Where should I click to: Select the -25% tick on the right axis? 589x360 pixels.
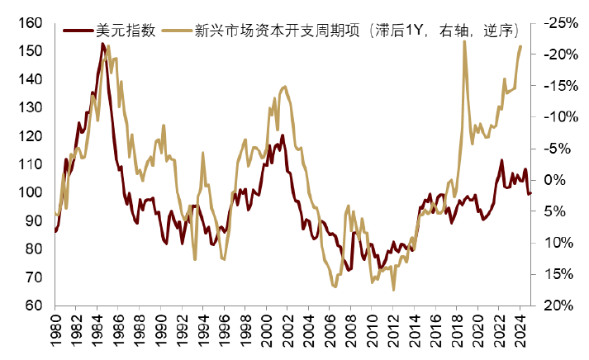[562, 22]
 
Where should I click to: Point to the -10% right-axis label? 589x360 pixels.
[562, 117]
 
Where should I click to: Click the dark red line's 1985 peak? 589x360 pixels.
[102, 44]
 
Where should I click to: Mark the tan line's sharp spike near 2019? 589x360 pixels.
[464, 41]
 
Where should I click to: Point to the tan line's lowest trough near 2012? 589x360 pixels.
[394, 290]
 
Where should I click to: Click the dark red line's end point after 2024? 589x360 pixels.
[531, 193]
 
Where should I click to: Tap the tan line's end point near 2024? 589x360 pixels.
[520, 46]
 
